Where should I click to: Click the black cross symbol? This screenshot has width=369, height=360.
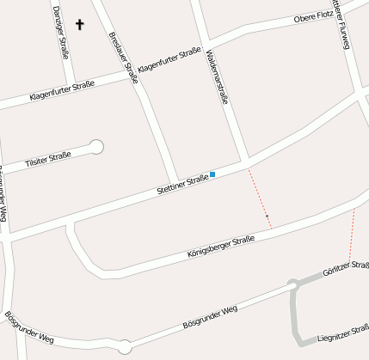click(81, 25)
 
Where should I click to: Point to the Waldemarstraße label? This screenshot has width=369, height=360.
click(217, 76)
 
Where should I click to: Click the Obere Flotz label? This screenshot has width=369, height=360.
click(313, 16)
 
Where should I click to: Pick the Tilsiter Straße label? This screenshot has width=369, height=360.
click(47, 157)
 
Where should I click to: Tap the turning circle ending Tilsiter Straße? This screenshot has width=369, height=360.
click(97, 147)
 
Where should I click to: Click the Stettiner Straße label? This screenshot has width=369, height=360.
click(181, 183)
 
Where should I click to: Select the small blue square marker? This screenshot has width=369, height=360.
click(212, 174)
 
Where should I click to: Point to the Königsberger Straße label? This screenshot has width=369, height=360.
click(220, 247)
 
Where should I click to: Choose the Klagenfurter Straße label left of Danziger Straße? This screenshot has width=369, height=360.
click(61, 91)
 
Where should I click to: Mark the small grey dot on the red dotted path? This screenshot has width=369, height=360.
click(267, 216)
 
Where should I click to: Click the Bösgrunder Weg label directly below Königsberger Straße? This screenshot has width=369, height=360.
click(210, 318)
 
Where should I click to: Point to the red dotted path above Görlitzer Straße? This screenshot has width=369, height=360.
click(352, 234)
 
